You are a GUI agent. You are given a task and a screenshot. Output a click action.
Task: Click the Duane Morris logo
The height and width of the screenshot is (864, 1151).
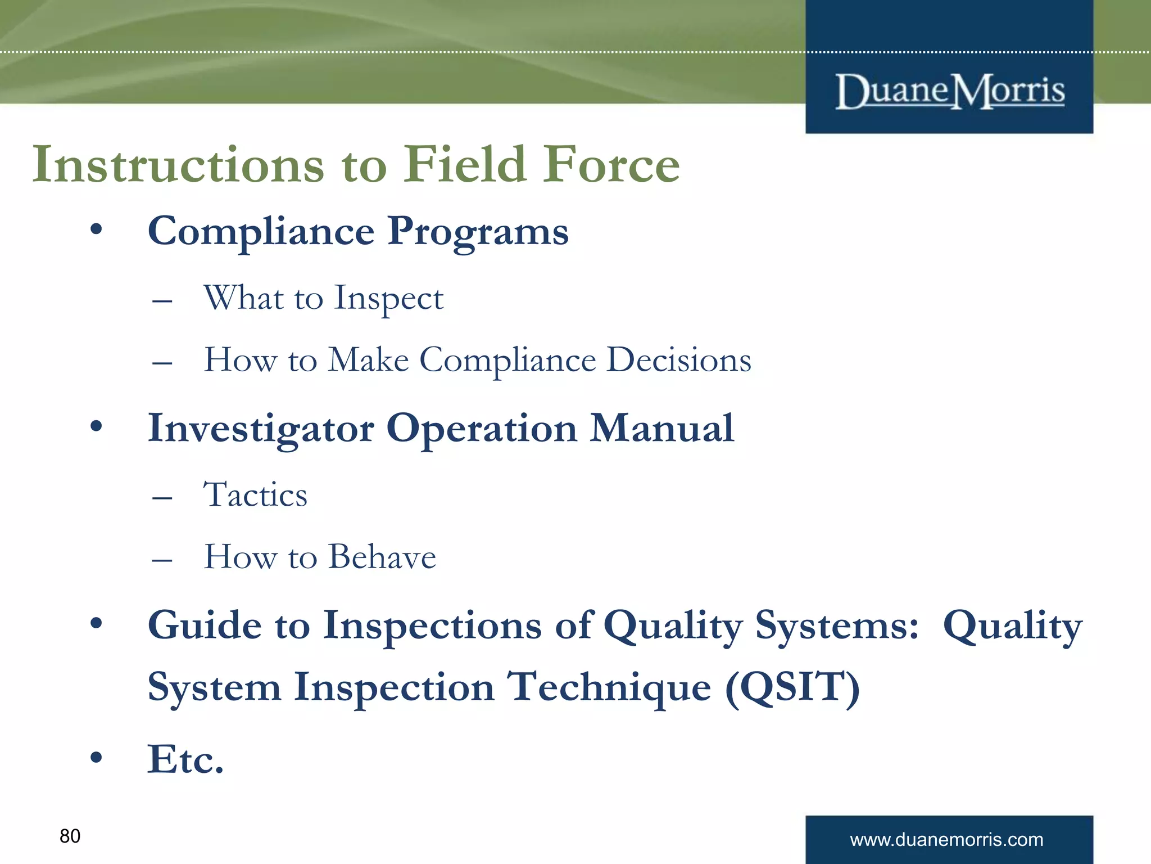950,91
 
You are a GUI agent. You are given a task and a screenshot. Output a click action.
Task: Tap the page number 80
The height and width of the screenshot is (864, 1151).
70,836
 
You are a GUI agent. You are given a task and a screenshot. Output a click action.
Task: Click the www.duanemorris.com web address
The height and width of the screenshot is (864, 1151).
946,840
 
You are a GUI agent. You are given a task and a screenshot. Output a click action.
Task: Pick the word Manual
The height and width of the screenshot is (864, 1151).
661,429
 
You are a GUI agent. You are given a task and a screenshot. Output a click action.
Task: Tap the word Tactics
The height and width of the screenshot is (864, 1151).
255,495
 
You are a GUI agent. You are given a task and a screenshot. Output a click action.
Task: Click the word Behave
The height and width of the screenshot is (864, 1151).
382,557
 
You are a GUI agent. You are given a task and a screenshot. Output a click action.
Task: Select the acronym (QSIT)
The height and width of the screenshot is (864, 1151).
792,687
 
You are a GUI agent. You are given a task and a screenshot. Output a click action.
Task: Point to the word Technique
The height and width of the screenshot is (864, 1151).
609,687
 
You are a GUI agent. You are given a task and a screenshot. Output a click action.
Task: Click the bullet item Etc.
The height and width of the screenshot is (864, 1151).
185,759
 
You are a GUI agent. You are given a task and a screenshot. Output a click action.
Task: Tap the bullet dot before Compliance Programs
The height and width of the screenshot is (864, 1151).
97,229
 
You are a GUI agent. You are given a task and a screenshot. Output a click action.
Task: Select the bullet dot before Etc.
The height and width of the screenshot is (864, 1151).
97,757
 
